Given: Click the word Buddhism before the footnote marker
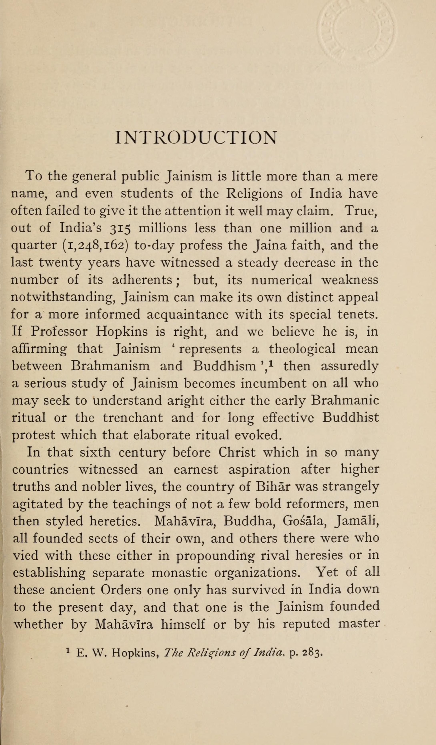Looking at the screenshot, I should (x=225, y=366).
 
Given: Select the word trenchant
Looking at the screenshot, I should (x=133, y=418).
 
